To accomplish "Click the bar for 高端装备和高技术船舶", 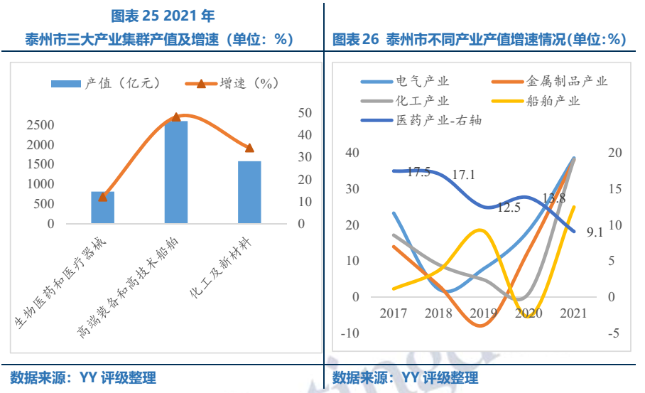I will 176,172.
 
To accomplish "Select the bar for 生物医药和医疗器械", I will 102,208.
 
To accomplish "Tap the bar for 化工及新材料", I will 249,192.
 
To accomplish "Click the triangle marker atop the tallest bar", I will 176,117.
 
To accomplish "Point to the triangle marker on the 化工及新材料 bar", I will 249,148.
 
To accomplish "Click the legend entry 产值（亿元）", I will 107,83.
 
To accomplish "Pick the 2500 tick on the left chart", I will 40,125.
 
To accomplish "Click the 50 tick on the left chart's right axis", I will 305,113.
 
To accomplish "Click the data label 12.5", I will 509,208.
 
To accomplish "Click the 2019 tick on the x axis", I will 482,313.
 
